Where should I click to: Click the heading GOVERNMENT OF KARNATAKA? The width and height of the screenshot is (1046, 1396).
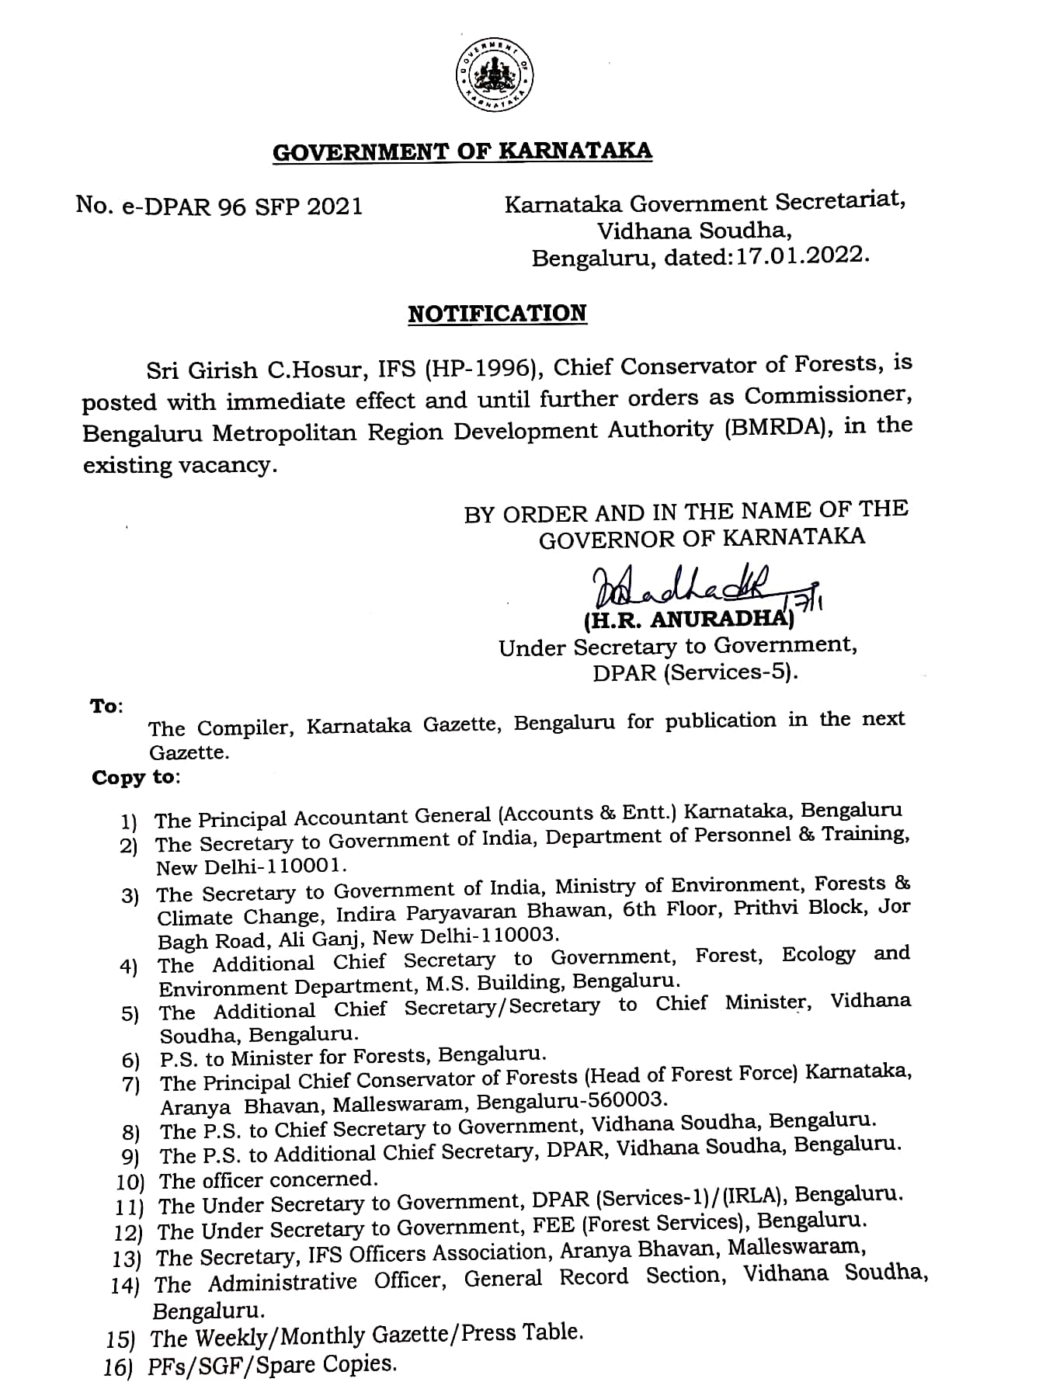tap(462, 151)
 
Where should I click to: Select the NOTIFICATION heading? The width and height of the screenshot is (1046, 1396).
tap(497, 314)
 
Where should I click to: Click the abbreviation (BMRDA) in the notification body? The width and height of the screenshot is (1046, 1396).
tap(778, 429)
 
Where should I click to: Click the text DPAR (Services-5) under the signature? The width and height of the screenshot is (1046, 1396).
tap(695, 672)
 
